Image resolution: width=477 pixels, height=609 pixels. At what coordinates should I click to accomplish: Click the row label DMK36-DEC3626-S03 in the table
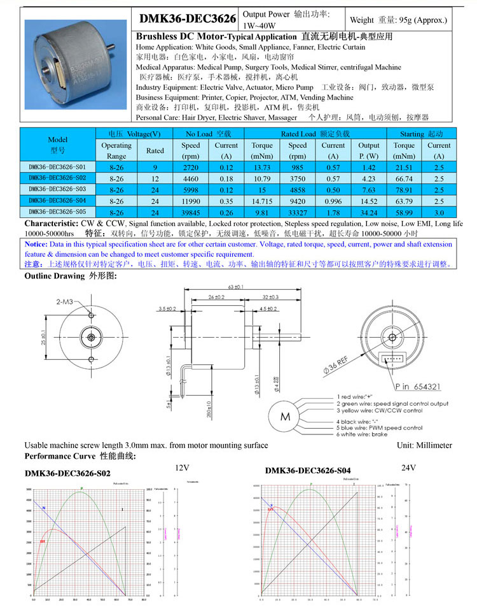click(58, 189)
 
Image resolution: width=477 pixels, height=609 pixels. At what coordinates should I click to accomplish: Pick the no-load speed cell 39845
click(190, 212)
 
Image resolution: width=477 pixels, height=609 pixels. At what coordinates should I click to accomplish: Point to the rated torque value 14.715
click(262, 201)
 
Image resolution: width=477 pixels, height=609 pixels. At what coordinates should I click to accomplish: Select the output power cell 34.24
click(369, 212)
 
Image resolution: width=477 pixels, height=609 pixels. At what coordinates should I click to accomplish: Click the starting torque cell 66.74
click(404, 178)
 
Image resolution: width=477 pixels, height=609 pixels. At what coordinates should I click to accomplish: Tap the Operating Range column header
click(116, 150)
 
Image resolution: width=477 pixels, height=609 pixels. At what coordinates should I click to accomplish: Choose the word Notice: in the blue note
click(35, 244)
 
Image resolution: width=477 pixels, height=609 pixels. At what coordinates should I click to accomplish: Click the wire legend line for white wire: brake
click(368, 434)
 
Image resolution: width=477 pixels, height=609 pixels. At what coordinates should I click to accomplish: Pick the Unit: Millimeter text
click(424, 445)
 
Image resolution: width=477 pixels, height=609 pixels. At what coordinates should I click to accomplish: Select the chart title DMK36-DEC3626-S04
click(308, 470)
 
